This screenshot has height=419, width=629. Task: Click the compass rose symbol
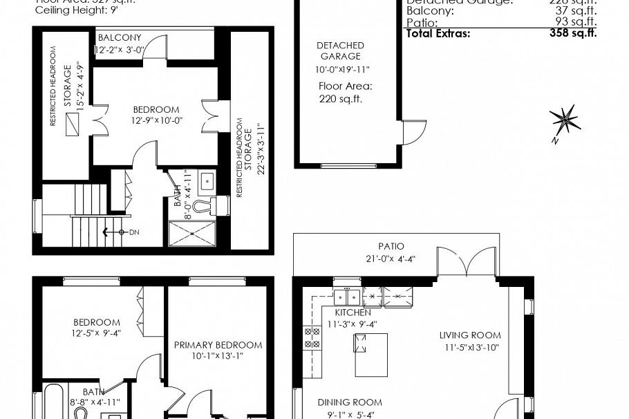click(x=565, y=121)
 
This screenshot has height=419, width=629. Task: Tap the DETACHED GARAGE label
click(x=340, y=50)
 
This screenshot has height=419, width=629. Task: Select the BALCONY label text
click(x=120, y=37)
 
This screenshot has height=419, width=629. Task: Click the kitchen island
click(x=371, y=353)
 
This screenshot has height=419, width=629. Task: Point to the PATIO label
click(x=391, y=246)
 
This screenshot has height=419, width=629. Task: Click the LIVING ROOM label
click(x=469, y=336)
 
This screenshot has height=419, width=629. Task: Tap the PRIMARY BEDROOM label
click(x=218, y=345)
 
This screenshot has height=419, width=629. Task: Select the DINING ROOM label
click(x=350, y=402)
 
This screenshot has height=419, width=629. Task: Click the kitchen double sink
click(x=346, y=297)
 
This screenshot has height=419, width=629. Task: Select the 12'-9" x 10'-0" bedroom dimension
click(x=156, y=120)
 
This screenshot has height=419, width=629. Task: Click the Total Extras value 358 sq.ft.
click(x=573, y=32)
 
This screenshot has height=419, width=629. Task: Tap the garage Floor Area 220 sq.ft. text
click(x=345, y=93)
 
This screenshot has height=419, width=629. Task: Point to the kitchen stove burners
click(x=312, y=337)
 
